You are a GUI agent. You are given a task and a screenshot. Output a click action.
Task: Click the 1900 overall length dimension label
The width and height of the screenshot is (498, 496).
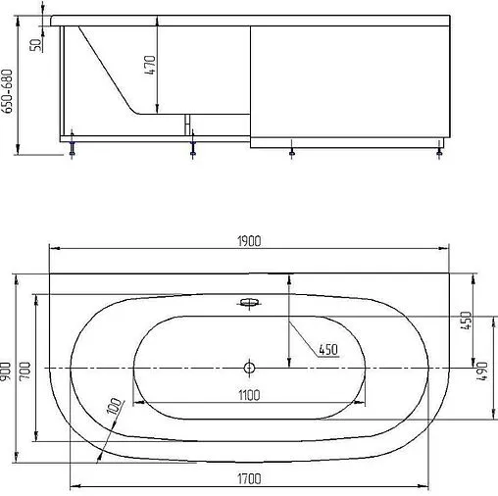point(249,241)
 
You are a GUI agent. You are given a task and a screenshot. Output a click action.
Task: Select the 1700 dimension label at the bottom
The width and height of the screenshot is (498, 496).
point(249,479)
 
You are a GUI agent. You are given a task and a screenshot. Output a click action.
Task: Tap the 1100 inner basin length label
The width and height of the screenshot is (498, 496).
point(249,395)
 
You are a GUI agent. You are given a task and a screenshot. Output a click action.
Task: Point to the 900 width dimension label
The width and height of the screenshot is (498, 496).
point(6,371)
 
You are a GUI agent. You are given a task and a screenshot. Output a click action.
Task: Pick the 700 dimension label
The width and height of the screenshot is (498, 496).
point(25,371)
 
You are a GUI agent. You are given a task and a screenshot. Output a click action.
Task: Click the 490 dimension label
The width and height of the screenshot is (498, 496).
point(481,372)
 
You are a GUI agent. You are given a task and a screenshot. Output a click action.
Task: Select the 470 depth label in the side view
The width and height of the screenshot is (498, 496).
point(150,65)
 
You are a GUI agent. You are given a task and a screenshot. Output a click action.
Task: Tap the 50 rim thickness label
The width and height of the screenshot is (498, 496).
point(36,45)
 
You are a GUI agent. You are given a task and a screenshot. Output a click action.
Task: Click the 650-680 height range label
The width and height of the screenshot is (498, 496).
point(7,91)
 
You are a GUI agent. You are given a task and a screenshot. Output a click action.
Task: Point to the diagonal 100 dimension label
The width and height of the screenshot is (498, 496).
point(115,406)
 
